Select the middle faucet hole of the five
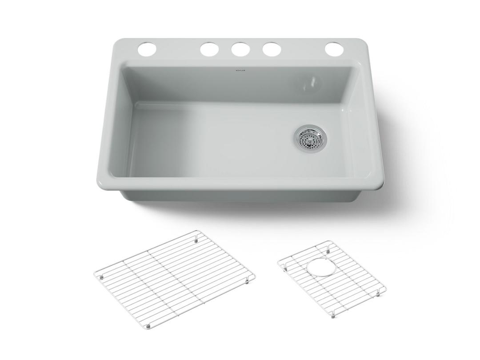click(240, 49)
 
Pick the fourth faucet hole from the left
click(271, 49)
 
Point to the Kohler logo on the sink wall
click(240, 70)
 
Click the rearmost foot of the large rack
click(196, 240)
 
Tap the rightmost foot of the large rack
click(248, 281)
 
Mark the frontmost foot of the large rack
click(149, 325)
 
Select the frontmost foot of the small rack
click(333, 317)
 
